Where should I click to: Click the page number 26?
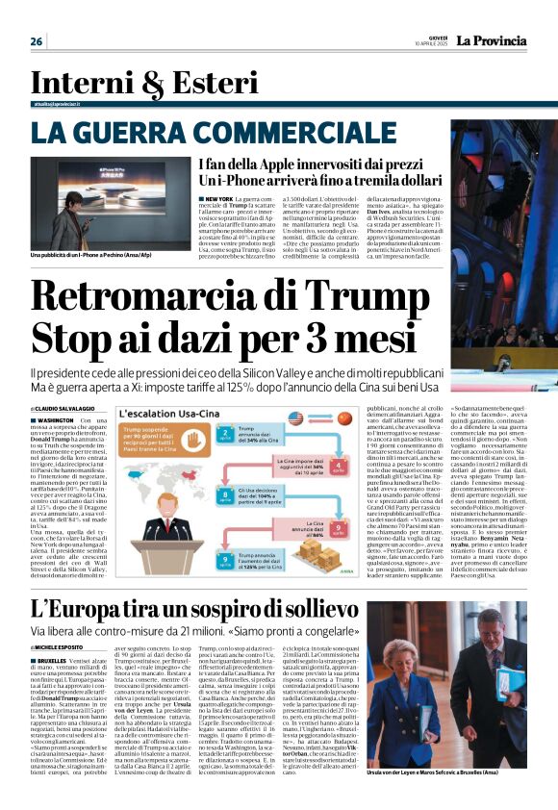37,40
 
